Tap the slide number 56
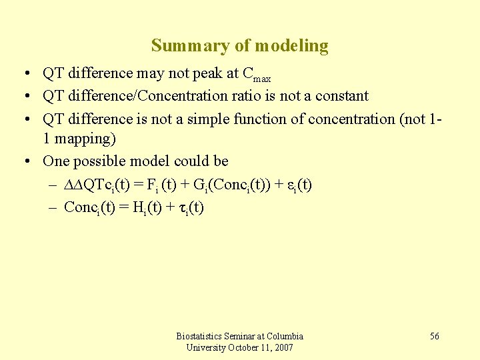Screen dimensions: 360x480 (434, 336)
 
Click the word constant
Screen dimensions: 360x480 (340, 95)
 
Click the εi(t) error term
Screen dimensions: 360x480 (298, 185)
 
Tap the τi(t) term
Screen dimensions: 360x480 (192, 207)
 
